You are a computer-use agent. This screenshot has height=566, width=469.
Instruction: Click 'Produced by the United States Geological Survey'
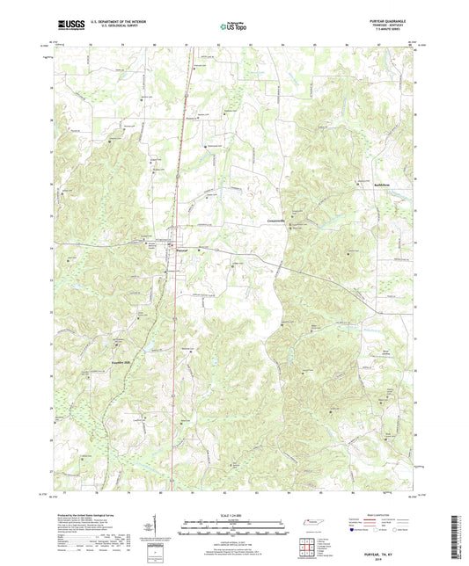(x=84, y=517)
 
